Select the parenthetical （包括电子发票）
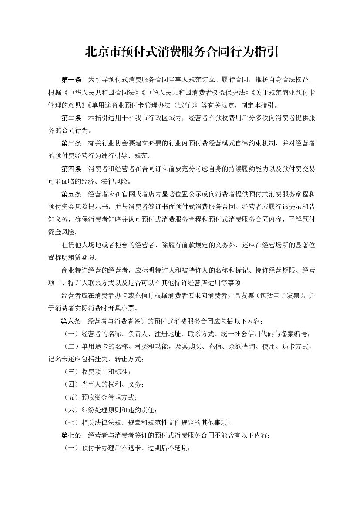(x=276, y=296)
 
